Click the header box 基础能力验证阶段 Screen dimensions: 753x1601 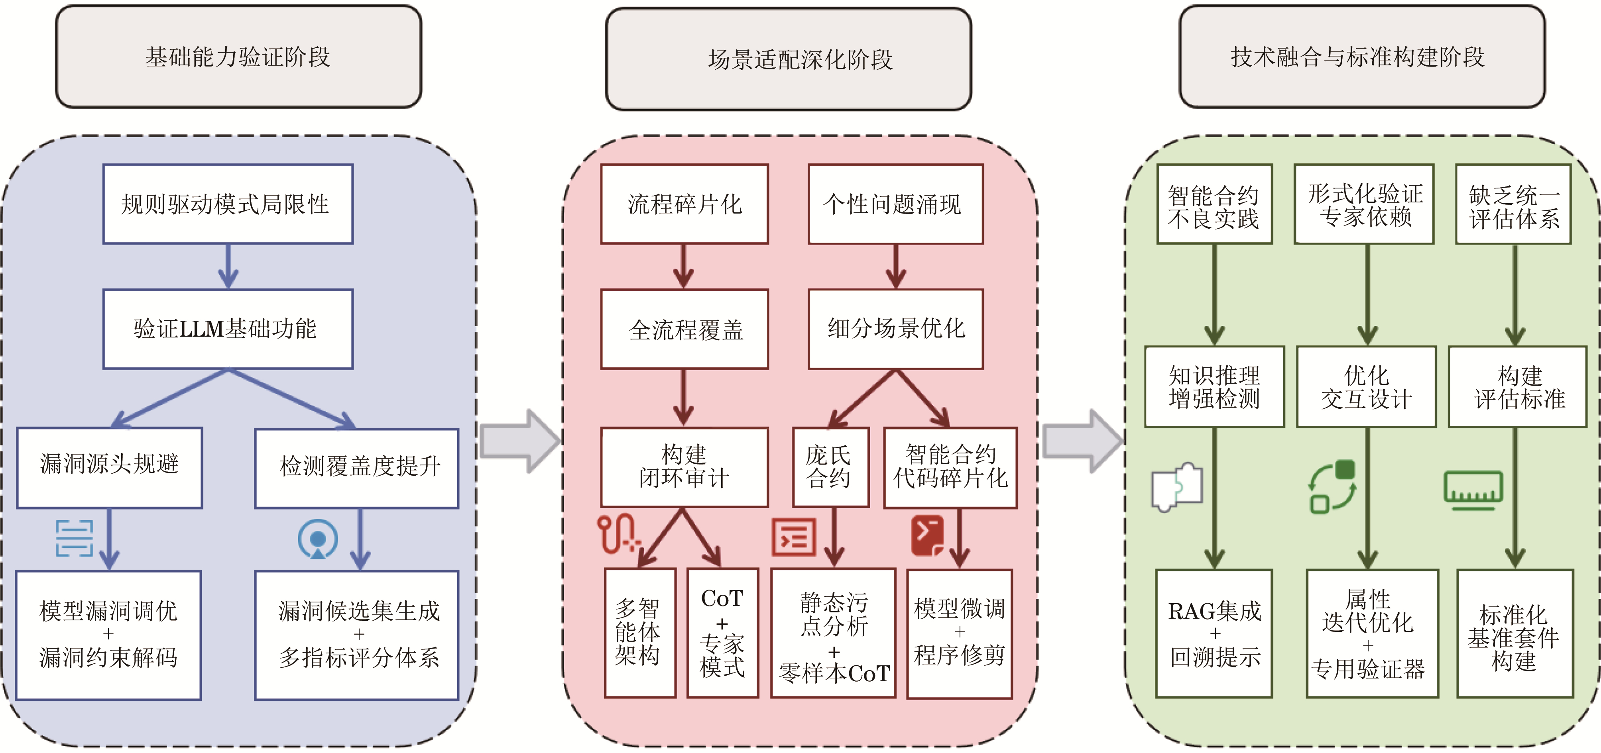[x=238, y=57]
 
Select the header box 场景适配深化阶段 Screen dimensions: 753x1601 [x=788, y=59]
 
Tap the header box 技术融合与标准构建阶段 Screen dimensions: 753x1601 [x=1362, y=57]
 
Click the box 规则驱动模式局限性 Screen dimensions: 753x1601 [x=228, y=204]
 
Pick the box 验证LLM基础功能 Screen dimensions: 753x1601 [x=228, y=329]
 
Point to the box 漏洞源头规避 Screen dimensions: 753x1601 [x=109, y=467]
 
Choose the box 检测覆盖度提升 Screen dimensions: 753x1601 [x=357, y=468]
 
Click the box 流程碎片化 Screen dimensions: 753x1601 [x=684, y=204]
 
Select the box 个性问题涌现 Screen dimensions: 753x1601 [x=895, y=204]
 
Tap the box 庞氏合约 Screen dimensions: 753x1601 [x=830, y=467]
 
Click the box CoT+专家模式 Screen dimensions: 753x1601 [x=722, y=632]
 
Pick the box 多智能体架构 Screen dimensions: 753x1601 [x=639, y=632]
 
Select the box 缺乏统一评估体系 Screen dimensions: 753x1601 [x=1513, y=204]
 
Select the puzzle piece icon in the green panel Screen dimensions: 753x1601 [x=1176, y=486]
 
